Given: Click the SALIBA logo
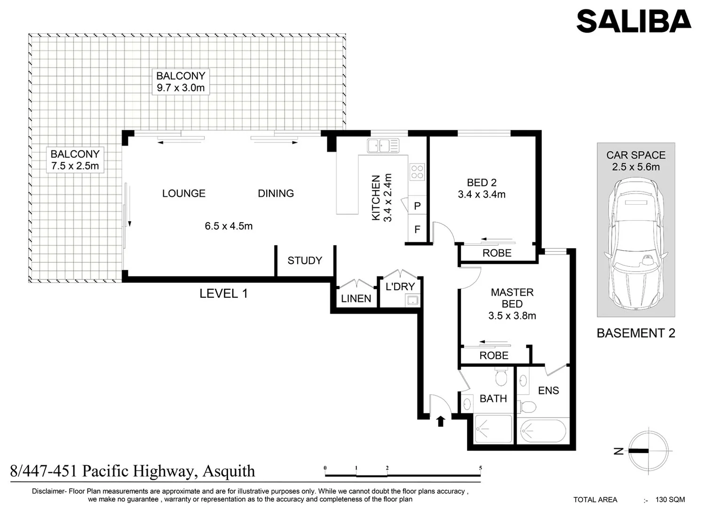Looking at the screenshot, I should [x=633, y=22].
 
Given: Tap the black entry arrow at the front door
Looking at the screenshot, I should [x=440, y=421].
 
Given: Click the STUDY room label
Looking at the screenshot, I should [x=305, y=261].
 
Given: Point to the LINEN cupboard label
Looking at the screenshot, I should [x=356, y=299].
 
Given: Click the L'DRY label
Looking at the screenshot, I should [x=400, y=286].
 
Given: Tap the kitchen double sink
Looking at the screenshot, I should [x=383, y=146].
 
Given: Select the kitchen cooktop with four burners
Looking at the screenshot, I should [x=417, y=172].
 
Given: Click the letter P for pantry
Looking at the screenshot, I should [x=417, y=206].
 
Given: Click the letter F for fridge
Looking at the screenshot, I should [x=417, y=230].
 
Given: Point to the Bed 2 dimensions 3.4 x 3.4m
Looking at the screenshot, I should [x=482, y=194].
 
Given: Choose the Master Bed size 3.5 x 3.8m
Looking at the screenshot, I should [x=512, y=316].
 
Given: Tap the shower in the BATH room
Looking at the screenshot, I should [x=493, y=429].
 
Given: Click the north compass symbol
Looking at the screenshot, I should [x=648, y=451].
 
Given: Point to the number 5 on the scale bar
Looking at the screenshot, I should [x=480, y=468].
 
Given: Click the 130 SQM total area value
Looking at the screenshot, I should [x=670, y=500].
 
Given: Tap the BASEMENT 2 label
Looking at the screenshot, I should [x=636, y=333].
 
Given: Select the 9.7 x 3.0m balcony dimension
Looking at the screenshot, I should [x=181, y=88].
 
